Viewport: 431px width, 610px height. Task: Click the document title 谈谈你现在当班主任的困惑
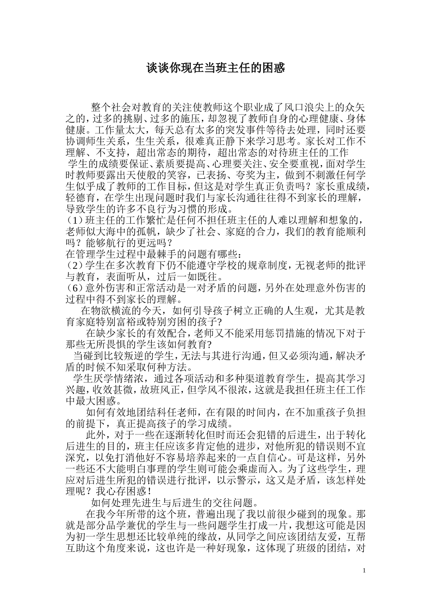click(215, 69)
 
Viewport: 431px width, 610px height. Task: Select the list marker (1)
click(75, 221)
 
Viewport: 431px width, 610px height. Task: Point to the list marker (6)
click(75, 288)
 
